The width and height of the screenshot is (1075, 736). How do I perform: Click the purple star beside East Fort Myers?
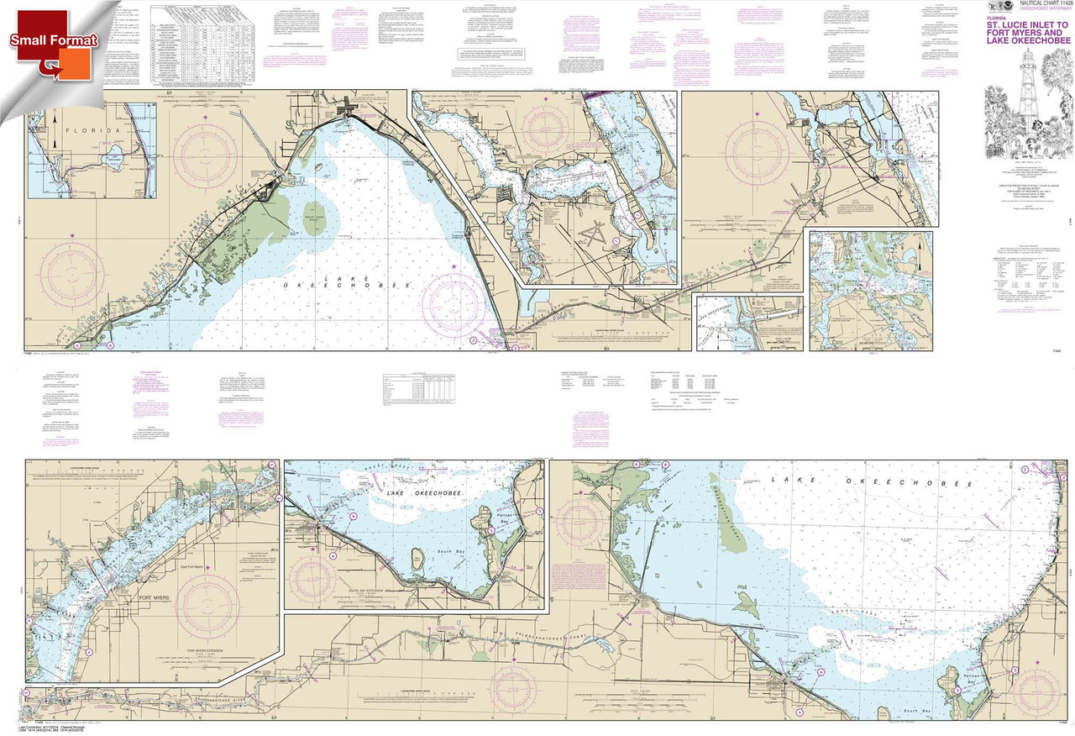(208, 569)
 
